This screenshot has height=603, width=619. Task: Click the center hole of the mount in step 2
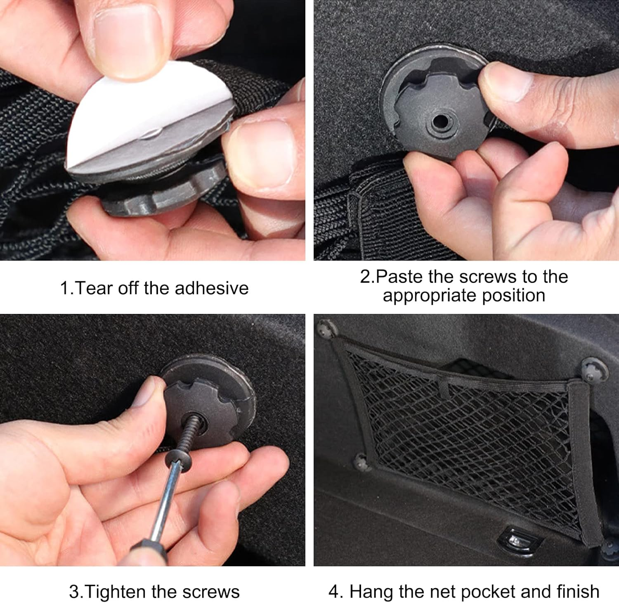[441, 121]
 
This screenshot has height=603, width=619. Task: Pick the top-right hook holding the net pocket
[593, 370]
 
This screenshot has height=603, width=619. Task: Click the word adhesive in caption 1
[212, 288]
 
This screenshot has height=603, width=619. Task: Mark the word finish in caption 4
[578, 591]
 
